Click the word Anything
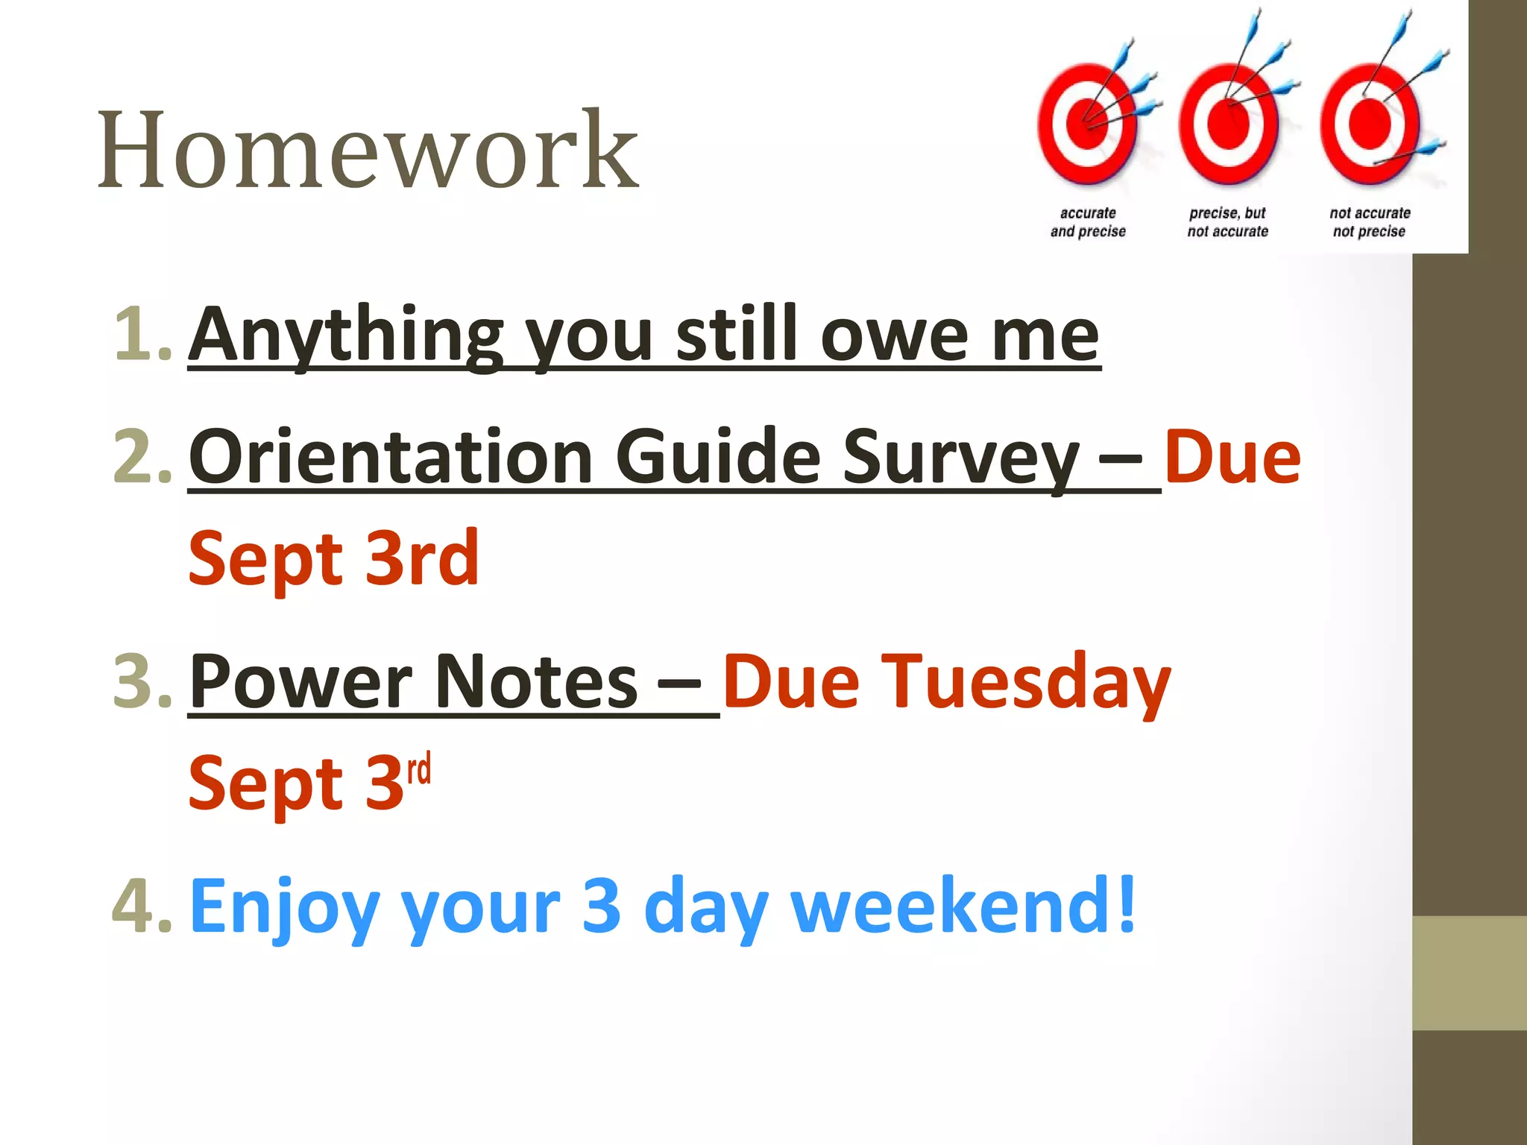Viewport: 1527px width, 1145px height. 346,335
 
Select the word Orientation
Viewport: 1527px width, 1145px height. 391,456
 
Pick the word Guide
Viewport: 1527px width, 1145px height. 718,456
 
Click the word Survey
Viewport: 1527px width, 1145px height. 961,458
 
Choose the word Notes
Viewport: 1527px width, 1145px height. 536,681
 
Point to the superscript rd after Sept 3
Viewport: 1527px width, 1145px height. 419,769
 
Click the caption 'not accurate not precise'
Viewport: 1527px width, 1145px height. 1370,222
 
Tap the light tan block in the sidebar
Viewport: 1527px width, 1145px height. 1469,973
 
